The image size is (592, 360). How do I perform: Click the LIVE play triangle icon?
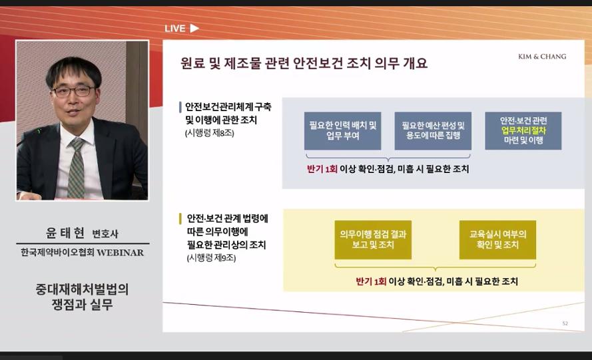194,29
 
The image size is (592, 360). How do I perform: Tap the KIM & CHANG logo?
542,57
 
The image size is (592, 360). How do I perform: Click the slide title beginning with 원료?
304,63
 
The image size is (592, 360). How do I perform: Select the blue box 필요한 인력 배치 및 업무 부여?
342,131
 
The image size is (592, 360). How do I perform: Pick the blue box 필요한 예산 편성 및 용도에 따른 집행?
433,131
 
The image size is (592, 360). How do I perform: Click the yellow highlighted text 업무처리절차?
523,130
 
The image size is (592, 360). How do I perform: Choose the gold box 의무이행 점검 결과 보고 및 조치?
373,240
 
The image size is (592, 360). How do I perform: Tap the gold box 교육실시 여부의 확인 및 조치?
497,240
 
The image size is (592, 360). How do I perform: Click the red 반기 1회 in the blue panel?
322,169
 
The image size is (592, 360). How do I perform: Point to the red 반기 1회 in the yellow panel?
371,281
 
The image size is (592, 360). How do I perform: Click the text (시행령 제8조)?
210,133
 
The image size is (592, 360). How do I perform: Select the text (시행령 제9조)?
211,258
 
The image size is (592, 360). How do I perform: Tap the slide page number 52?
565,323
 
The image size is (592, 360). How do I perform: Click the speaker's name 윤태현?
65,233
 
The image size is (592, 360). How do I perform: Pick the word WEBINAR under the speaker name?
121,252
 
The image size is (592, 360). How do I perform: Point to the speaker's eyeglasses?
73,91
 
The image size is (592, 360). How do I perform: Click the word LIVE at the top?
175,29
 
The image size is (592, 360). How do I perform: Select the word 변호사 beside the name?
105,234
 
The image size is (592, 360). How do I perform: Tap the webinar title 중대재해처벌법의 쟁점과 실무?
83,297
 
